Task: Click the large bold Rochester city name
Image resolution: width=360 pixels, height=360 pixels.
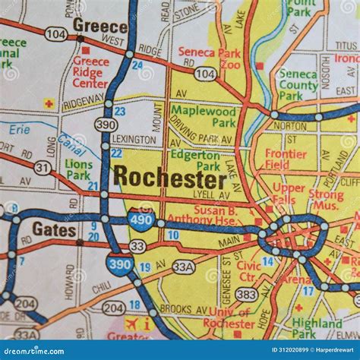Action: click(x=169, y=178)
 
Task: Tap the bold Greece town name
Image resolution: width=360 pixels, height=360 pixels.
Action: click(x=99, y=25)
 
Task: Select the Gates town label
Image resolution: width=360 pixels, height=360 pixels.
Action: click(x=54, y=229)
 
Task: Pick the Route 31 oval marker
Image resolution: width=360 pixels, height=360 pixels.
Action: click(x=43, y=167)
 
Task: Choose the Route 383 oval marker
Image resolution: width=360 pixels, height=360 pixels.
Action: click(x=245, y=294)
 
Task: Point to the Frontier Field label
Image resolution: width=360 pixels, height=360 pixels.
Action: click(x=286, y=158)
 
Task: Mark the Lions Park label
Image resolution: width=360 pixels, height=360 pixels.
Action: click(x=78, y=169)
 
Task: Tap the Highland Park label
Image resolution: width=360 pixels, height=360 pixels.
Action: click(x=317, y=328)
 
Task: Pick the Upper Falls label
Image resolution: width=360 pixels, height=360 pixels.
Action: click(x=289, y=193)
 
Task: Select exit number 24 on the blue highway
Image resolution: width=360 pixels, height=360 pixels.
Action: click(x=137, y=65)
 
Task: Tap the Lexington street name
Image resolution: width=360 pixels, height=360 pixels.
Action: click(x=136, y=140)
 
